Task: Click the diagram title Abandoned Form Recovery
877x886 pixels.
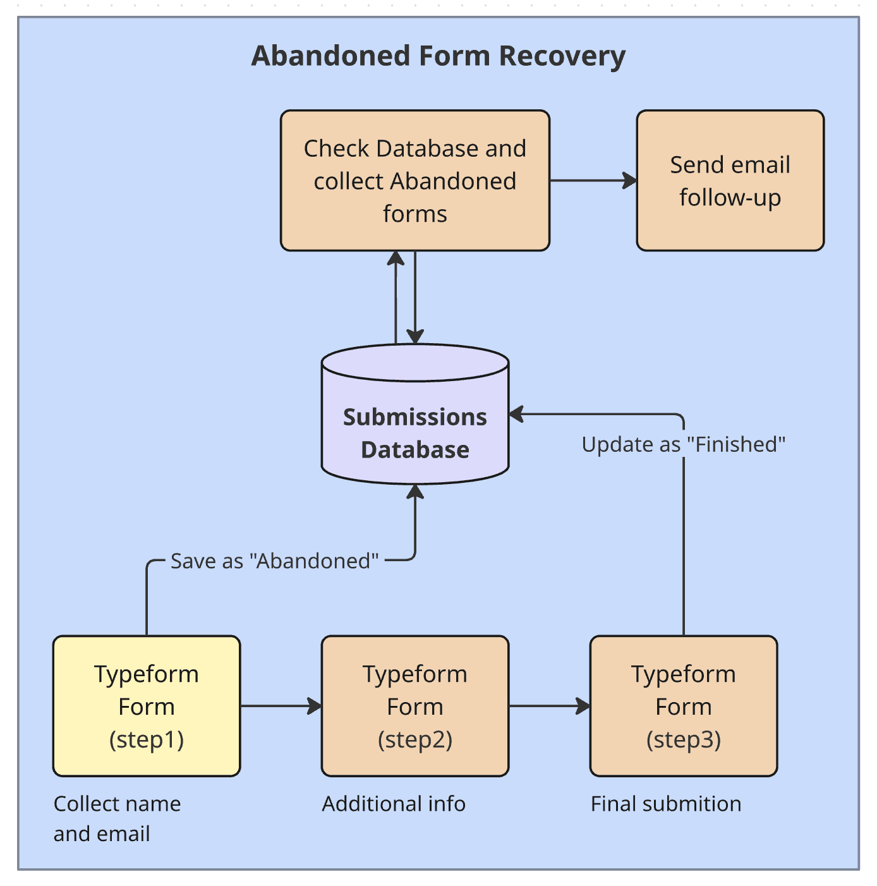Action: [438, 56]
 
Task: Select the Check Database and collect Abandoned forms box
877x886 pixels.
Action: [415, 181]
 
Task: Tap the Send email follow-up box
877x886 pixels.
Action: [730, 181]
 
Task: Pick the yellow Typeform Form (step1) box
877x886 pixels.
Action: [147, 706]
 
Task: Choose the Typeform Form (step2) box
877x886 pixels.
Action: [415, 706]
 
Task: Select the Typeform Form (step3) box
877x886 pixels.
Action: [683, 706]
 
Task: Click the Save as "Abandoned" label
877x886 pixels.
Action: [274, 561]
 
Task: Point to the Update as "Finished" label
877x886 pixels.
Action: [683, 444]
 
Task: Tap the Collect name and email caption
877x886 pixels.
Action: [117, 818]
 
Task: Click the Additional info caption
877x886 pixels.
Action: [394, 804]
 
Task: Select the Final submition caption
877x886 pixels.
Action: [666, 804]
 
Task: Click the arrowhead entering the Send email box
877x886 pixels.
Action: [630, 181]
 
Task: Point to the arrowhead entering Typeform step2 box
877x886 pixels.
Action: [315, 706]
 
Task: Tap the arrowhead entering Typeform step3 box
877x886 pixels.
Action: [583, 706]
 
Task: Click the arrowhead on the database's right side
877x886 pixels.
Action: [517, 415]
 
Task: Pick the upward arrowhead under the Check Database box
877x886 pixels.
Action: [396, 258]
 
